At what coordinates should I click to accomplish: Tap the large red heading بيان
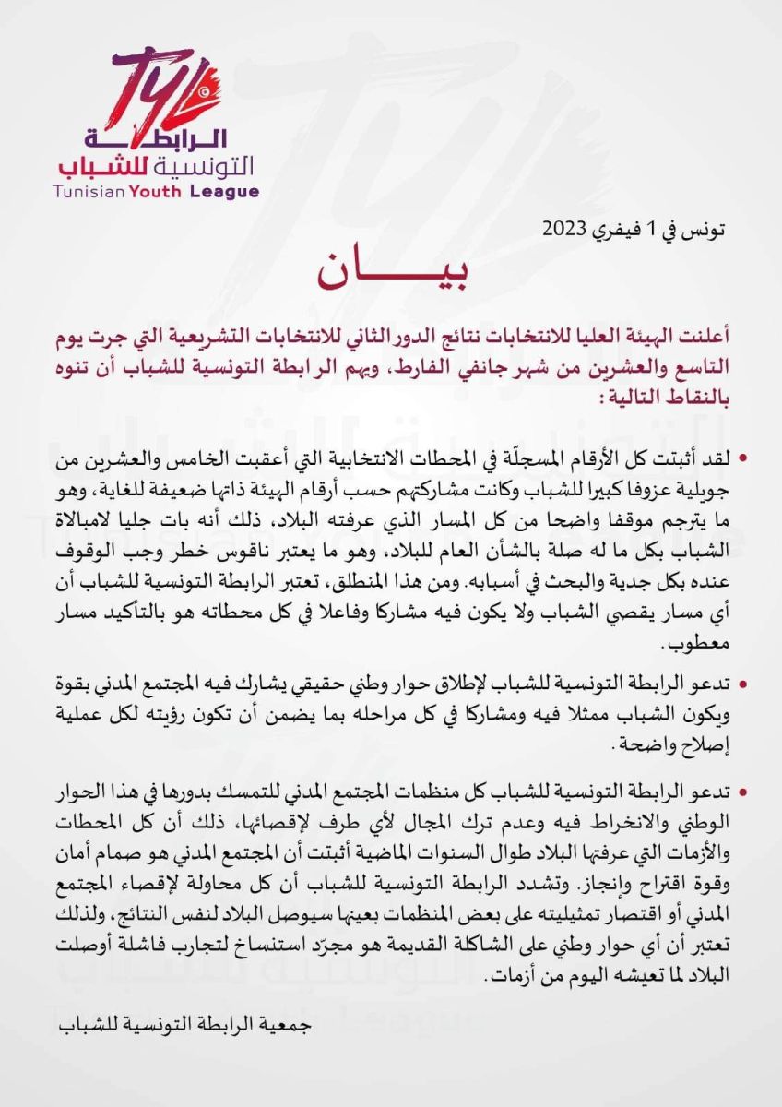(x=390, y=270)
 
